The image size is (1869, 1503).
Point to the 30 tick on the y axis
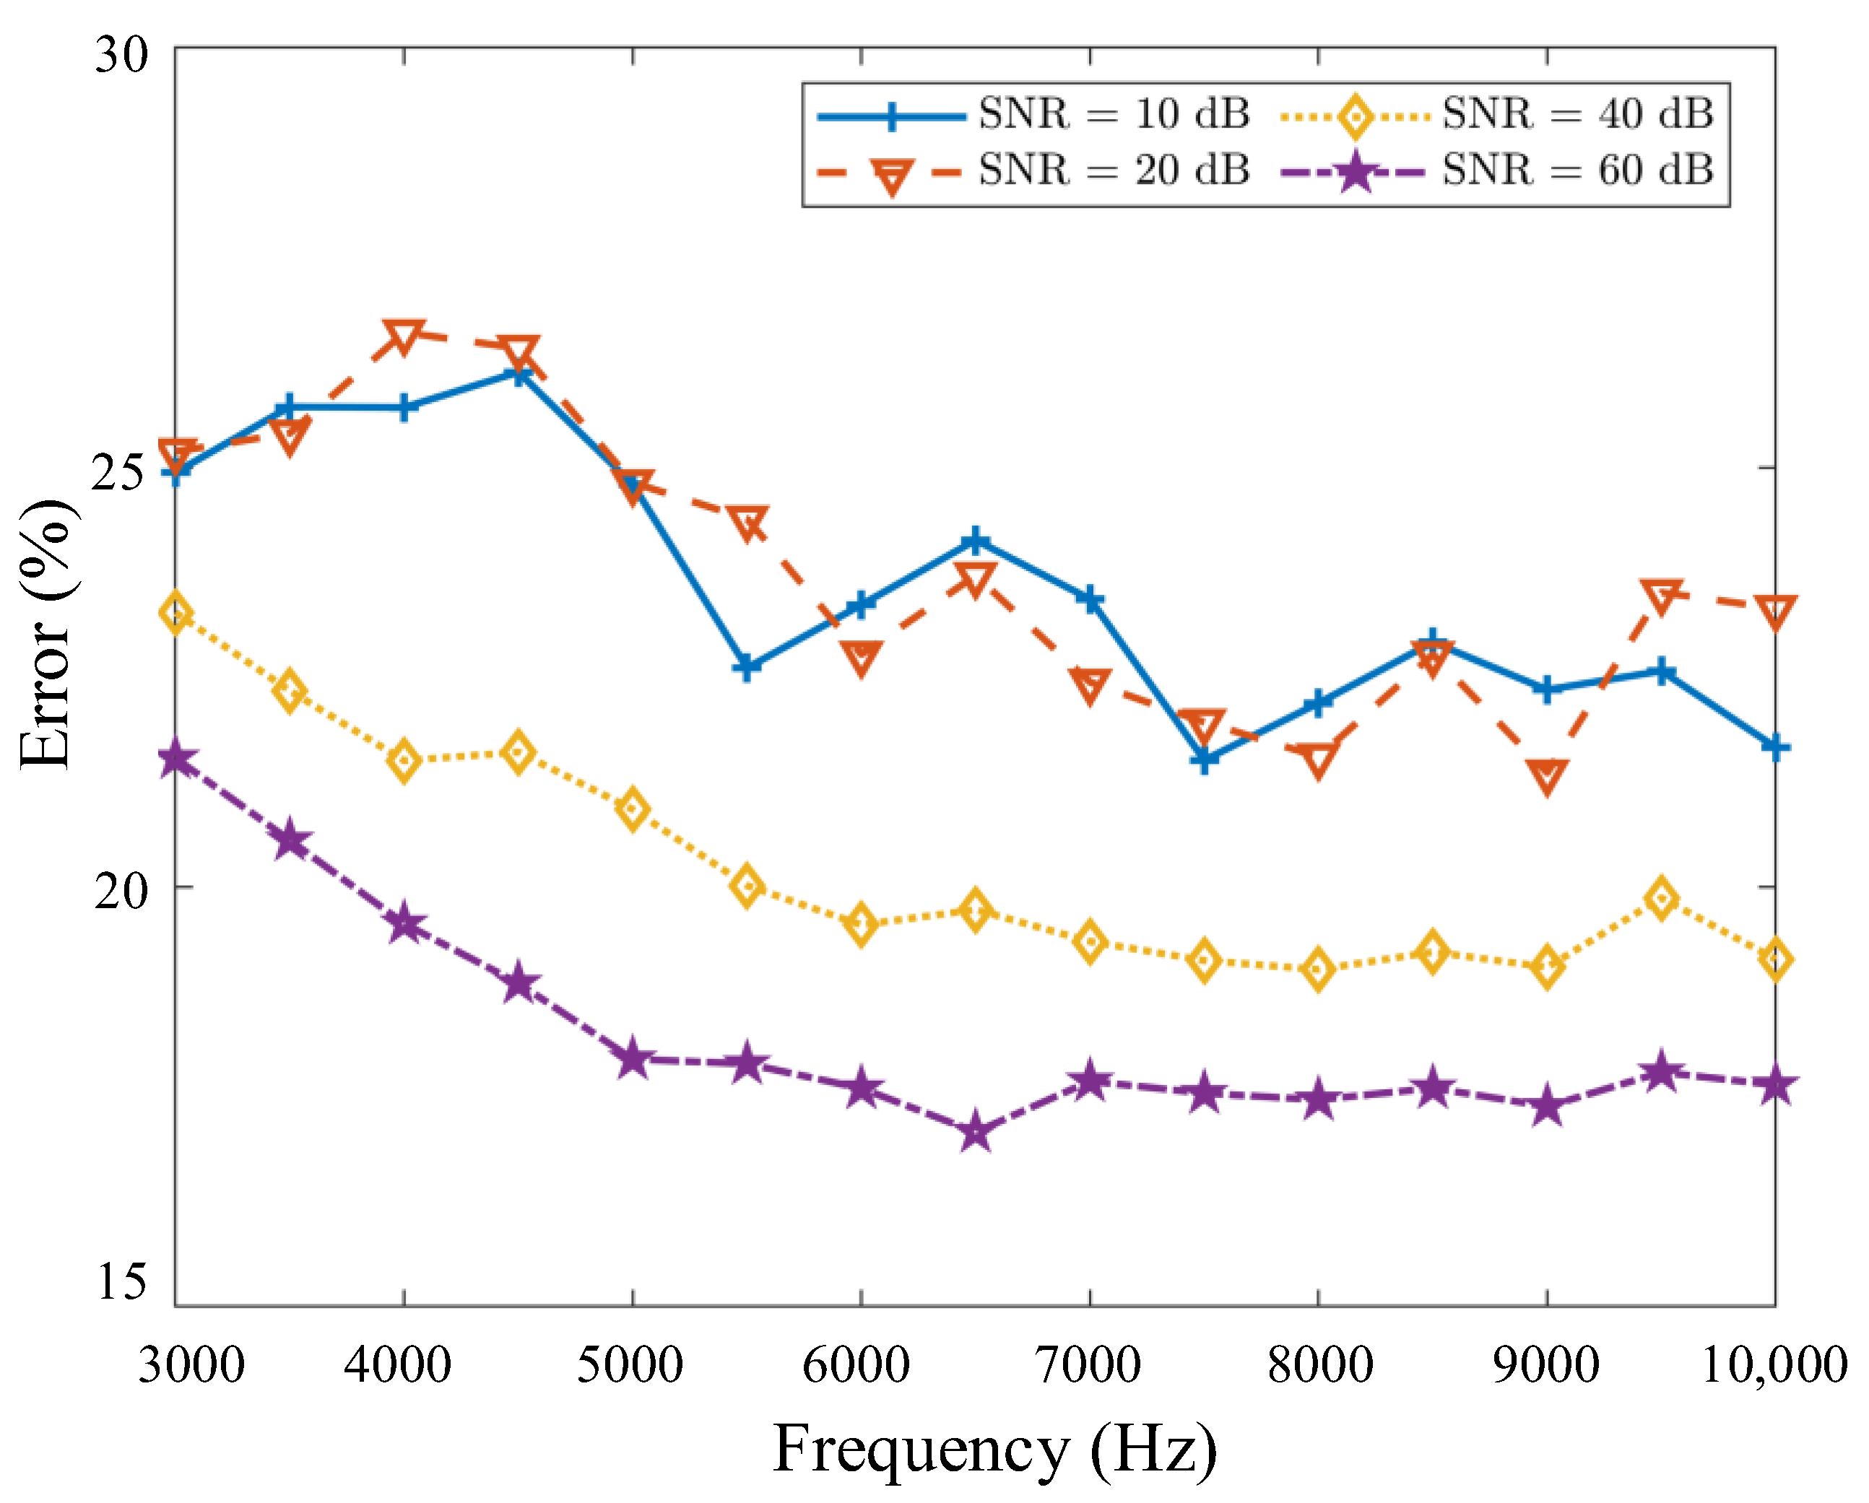point(121,56)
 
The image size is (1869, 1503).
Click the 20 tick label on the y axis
point(121,889)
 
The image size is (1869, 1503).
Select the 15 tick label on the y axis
point(121,1281)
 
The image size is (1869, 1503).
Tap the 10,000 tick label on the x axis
point(1774,1365)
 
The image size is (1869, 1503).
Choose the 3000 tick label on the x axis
point(191,1365)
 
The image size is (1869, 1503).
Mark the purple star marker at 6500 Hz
point(975,1133)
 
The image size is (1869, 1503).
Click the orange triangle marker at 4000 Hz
point(404,336)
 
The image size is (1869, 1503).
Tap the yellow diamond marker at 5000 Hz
point(633,809)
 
